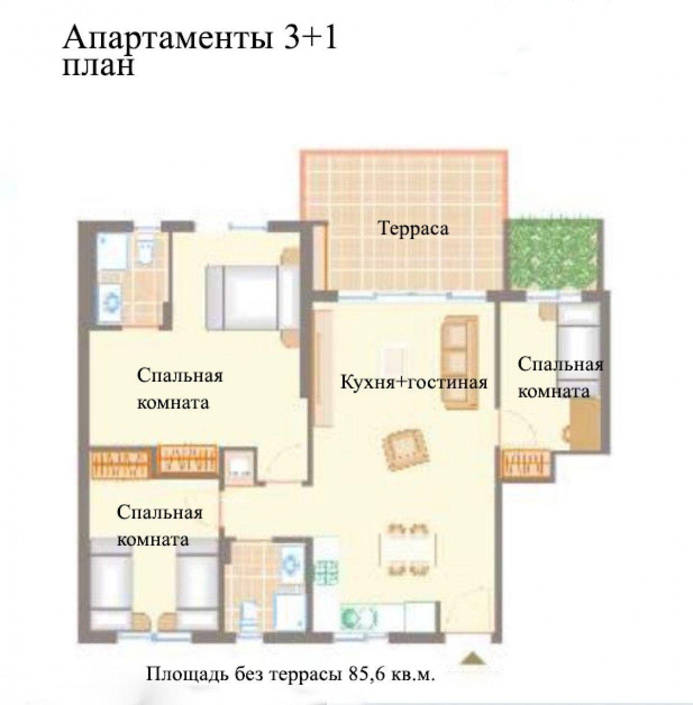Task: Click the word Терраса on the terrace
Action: tap(413, 229)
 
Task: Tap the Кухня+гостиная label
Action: tap(414, 383)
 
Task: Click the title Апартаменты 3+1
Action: tap(199, 38)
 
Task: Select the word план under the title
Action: tap(98, 67)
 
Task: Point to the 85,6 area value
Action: tap(365, 673)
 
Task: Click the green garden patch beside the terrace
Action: tap(553, 255)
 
